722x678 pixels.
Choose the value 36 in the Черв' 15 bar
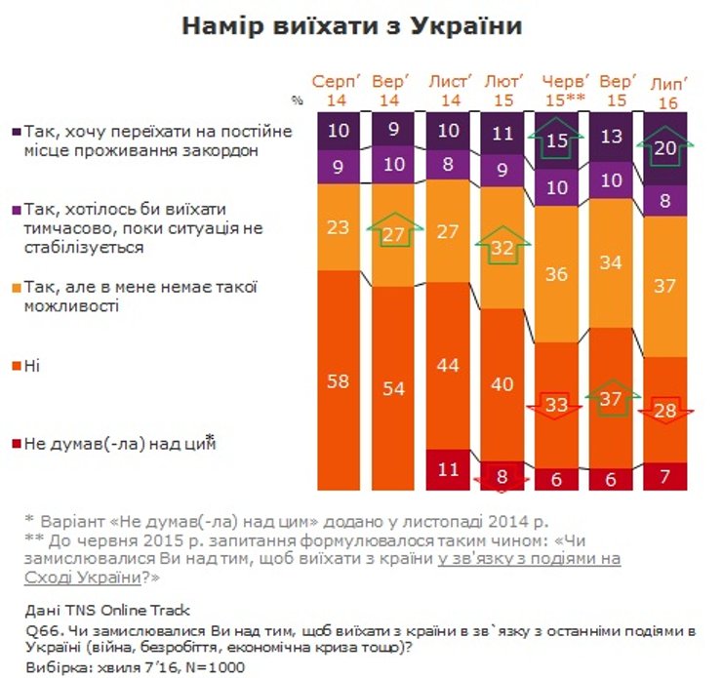coord(556,275)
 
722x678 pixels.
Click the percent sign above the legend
coord(297,100)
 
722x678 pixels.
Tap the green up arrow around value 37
coord(612,398)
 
